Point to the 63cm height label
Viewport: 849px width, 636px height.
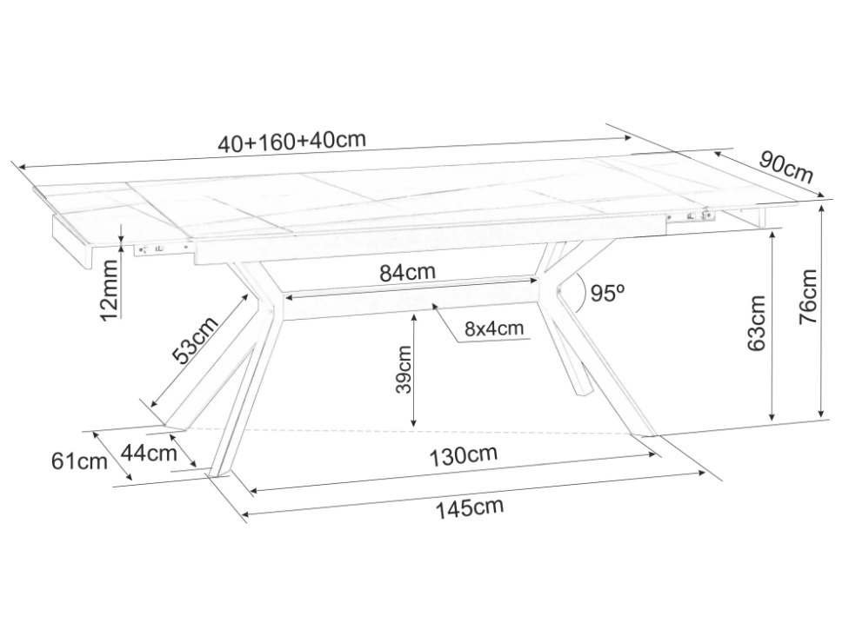(x=757, y=322)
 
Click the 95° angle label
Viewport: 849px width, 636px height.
(x=608, y=294)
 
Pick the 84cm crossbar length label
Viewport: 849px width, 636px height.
(x=407, y=272)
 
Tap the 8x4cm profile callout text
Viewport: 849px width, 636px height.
(x=494, y=328)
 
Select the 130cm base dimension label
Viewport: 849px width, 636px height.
(x=463, y=455)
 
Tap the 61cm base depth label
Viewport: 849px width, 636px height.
(x=79, y=461)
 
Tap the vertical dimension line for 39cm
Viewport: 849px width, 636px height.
(x=415, y=369)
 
